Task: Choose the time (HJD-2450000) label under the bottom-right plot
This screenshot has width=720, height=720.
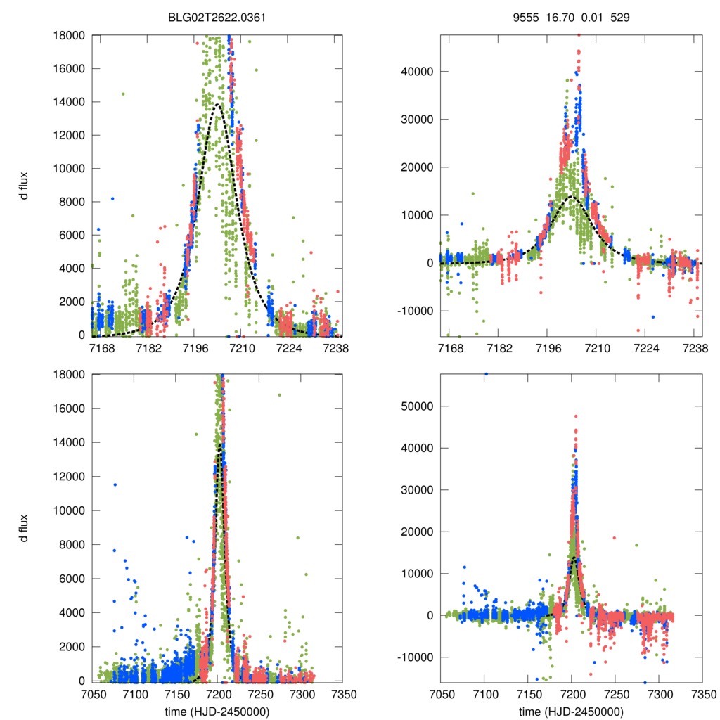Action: point(572,711)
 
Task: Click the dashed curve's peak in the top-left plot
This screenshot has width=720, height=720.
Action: point(217,105)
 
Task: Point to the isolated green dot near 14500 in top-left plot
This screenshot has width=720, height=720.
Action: point(123,94)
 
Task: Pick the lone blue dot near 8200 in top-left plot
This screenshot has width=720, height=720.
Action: point(112,198)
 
